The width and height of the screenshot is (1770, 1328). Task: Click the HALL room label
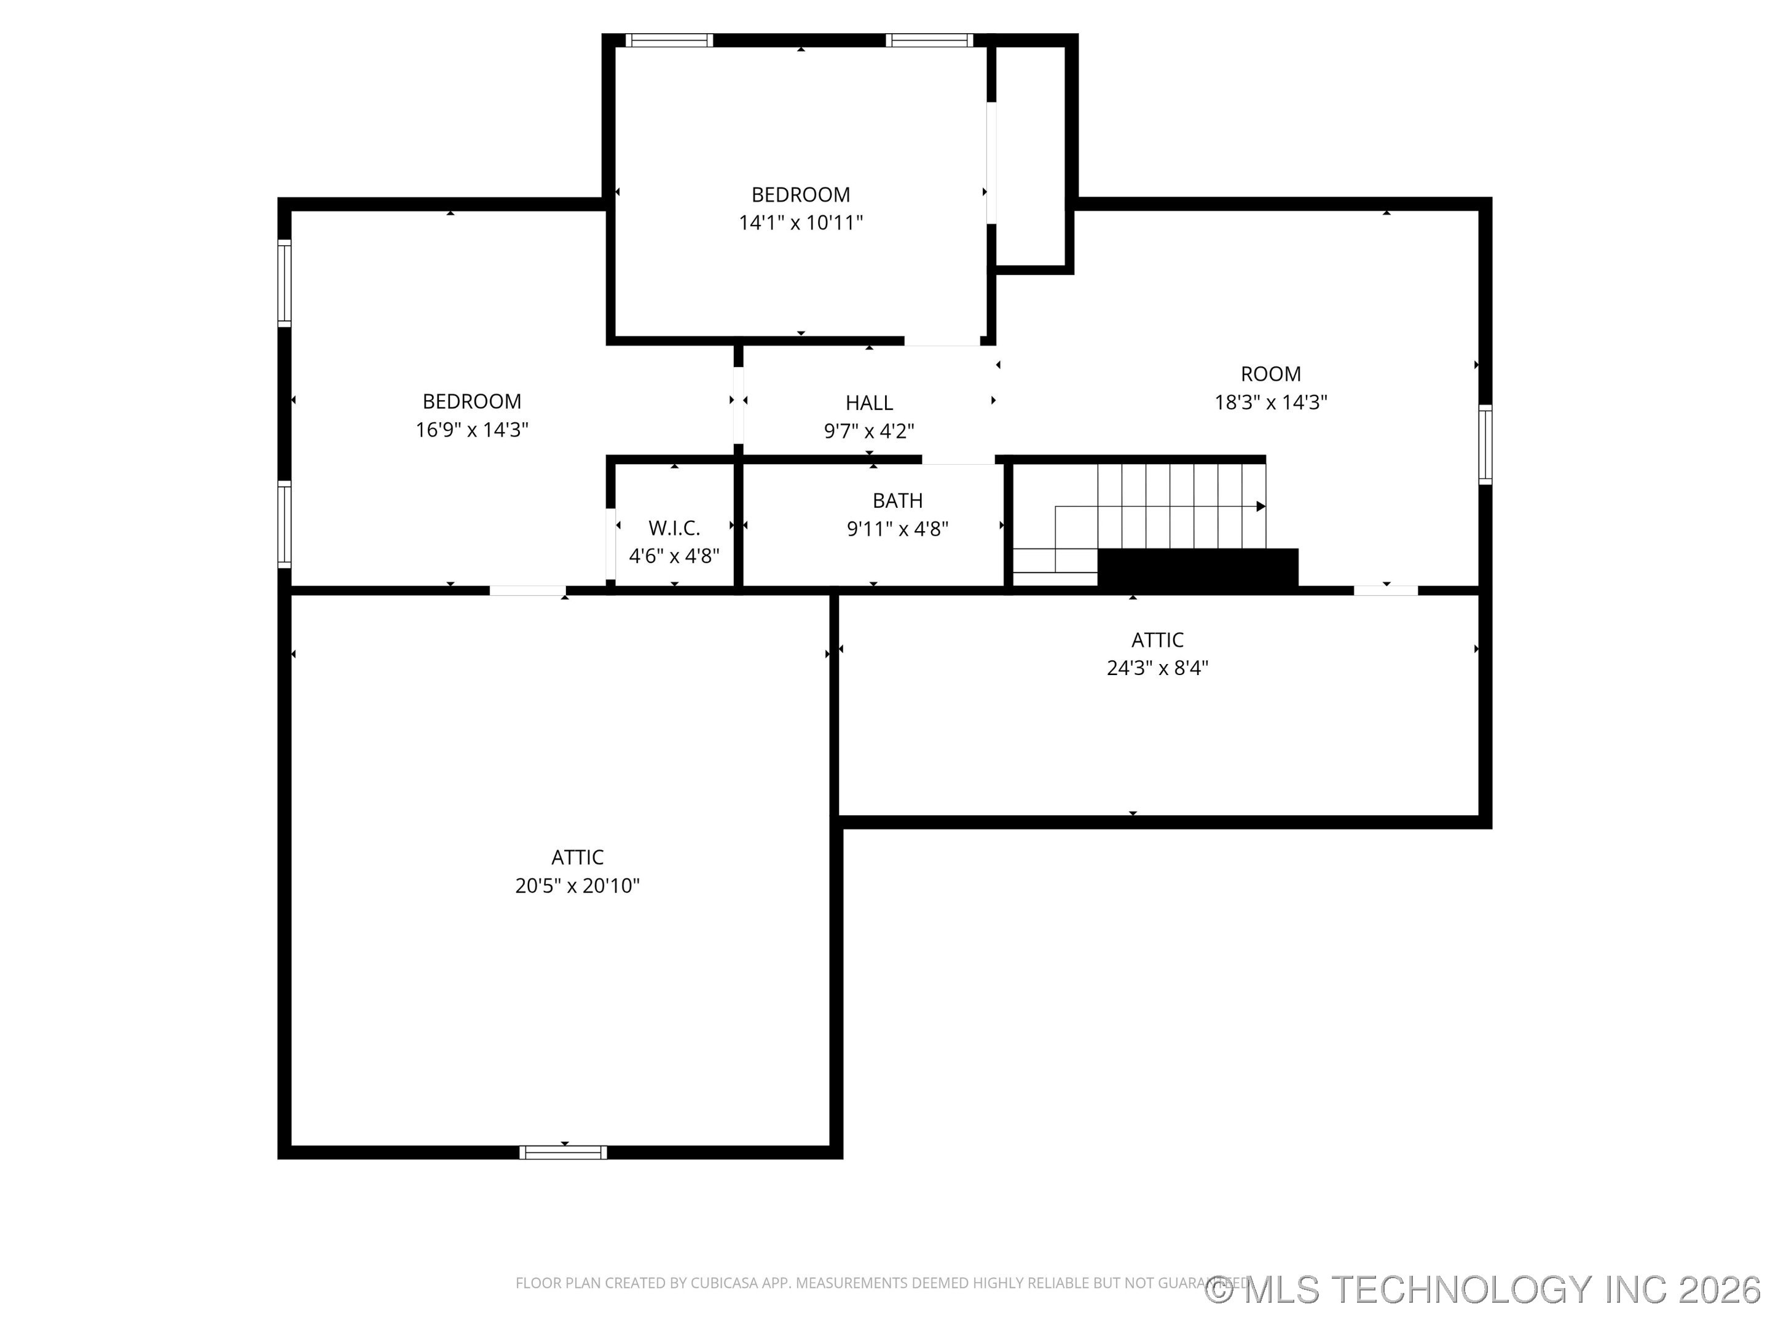[869, 403]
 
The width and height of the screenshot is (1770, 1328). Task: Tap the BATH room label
[897, 500]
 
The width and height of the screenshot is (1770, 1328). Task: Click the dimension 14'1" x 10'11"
[800, 223]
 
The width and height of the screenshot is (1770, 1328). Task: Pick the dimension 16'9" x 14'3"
[471, 430]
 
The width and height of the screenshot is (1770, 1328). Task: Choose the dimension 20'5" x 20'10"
[577, 885]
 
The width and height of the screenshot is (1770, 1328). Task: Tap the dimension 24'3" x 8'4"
[1157, 668]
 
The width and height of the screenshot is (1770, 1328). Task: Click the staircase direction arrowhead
[1261, 507]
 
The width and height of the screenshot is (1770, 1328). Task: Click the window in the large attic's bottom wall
[564, 1153]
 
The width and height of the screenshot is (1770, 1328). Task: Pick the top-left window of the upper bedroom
[669, 40]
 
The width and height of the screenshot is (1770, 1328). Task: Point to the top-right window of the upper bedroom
[929, 40]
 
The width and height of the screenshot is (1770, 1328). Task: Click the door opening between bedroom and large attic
[527, 591]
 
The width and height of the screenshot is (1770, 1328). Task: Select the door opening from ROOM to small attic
[1385, 591]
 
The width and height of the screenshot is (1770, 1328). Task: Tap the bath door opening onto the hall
[959, 459]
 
